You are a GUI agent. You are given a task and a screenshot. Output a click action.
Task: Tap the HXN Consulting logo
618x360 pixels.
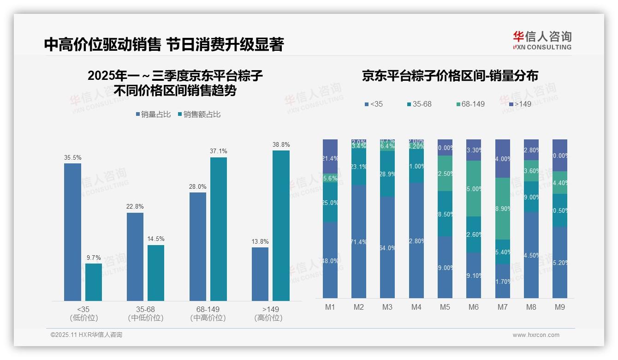542,41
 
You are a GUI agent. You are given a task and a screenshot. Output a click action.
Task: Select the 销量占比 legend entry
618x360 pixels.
155,114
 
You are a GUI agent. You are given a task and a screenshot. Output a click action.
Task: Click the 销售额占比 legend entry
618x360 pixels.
199,114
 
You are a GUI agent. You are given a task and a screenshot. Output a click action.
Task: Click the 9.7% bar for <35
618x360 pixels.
94,282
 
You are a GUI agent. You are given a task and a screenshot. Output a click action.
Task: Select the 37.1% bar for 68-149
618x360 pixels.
219,229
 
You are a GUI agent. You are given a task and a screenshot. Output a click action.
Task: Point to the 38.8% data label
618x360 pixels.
281,145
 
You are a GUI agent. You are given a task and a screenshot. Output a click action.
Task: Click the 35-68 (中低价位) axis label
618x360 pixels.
145,313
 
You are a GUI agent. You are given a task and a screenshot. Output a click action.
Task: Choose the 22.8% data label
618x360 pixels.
135,206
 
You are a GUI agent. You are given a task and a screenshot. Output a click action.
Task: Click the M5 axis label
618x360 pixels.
445,307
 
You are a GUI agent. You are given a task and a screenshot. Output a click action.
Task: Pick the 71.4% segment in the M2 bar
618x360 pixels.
359,242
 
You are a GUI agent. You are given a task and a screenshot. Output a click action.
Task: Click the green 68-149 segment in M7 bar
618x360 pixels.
503,209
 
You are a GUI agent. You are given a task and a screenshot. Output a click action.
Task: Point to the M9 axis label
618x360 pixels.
559,307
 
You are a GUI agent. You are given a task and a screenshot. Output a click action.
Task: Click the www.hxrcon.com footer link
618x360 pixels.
535,335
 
